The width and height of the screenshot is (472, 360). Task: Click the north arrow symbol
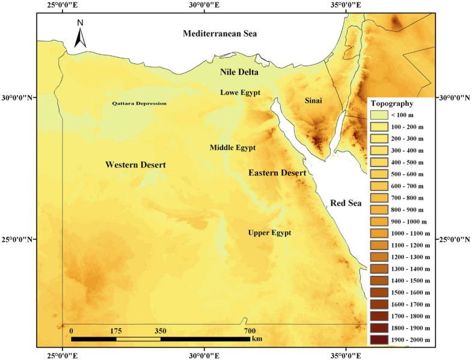click(81, 34)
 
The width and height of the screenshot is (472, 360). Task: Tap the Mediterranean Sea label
click(219, 34)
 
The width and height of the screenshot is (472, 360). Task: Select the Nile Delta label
click(239, 73)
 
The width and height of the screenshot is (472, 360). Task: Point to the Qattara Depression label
click(139, 103)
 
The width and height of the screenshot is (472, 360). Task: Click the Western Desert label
click(135, 165)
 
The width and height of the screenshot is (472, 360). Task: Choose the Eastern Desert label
click(277, 173)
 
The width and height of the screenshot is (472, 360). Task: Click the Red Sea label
click(345, 204)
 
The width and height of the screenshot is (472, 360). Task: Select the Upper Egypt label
click(269, 233)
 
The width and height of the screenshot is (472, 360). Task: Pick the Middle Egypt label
click(233, 148)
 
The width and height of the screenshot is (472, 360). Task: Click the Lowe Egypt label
click(240, 93)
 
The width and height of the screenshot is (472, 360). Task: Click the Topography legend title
click(391, 103)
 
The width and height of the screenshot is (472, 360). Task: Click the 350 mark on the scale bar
click(161, 331)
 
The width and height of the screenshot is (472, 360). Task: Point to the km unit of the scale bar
click(257, 339)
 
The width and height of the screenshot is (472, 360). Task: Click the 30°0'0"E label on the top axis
click(204, 5)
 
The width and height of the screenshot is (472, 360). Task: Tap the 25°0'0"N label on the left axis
click(19, 240)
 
